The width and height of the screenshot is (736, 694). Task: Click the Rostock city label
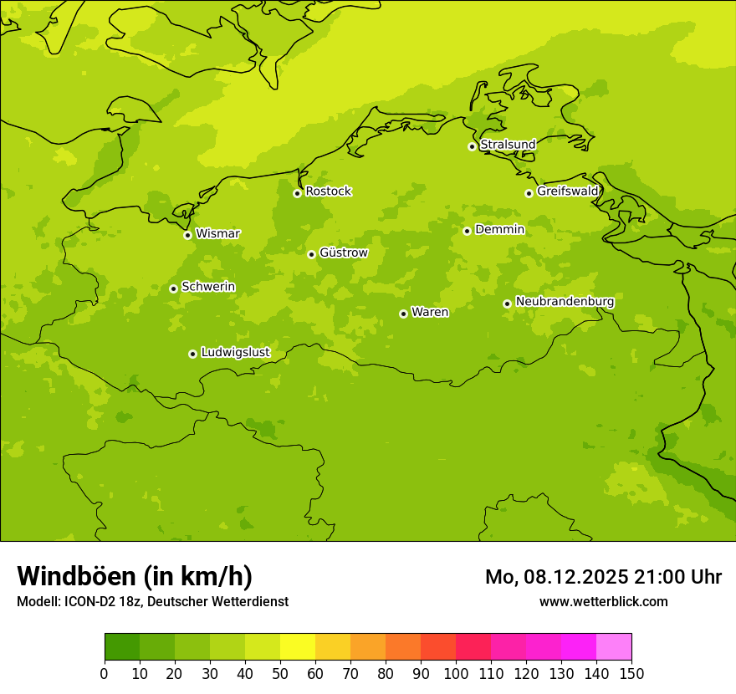328,191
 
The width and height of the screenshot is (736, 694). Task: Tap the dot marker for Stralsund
472,146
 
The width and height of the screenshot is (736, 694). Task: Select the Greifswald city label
567,191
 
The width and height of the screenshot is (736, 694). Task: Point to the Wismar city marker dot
187,235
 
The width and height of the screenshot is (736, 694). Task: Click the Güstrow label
343,253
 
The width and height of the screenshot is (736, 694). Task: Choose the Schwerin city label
208,287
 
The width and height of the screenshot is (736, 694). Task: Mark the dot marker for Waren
403,314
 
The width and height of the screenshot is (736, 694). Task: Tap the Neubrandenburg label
565,302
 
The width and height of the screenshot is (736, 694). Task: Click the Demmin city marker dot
467,231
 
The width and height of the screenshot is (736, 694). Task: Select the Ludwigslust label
235,353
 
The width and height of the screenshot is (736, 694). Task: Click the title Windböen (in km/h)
135,576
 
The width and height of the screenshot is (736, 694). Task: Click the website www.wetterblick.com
603,601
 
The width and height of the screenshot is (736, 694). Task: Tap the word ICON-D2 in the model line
89,601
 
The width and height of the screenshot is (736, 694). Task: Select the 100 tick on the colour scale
456,673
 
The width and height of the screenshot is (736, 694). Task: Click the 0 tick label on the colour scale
105,673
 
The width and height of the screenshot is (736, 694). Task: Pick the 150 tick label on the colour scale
631,673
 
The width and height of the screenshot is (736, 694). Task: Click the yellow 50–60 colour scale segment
298,647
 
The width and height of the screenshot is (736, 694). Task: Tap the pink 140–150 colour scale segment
614,647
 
